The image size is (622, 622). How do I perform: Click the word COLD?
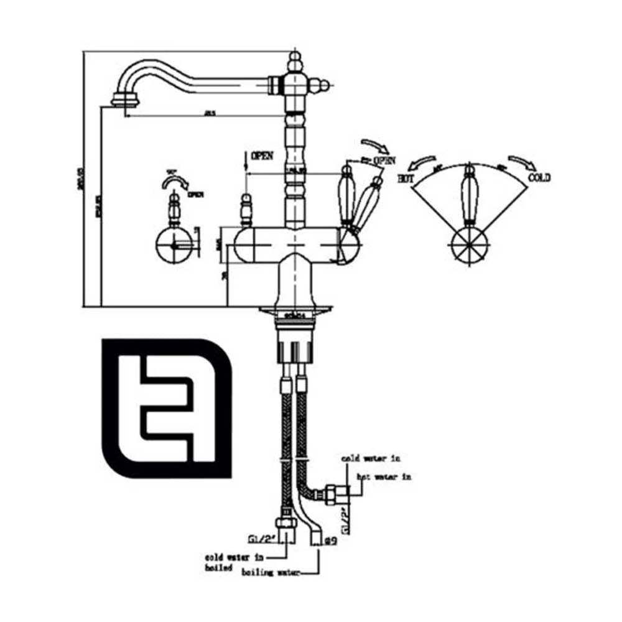539,178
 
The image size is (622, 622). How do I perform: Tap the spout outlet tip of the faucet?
123,100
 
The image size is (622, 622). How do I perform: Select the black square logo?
167,408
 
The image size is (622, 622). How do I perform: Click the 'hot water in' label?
384,477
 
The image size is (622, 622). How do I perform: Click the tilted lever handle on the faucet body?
367,202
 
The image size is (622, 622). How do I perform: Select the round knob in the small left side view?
174,246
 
